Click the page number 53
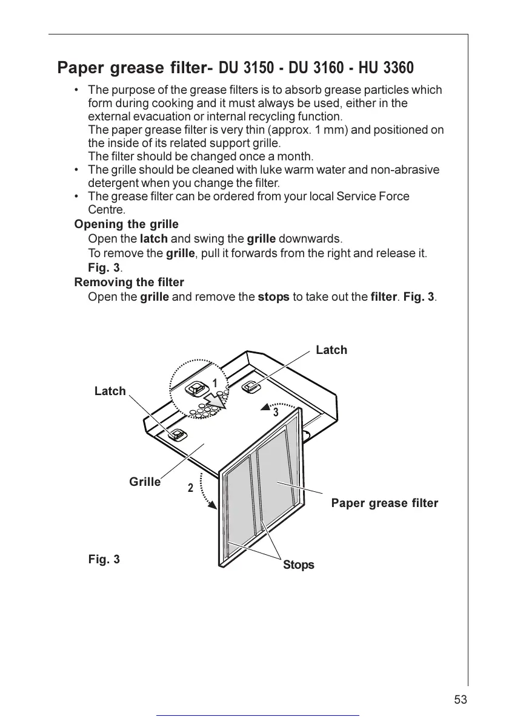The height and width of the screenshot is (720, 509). (461, 699)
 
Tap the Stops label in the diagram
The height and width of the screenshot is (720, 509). (299, 565)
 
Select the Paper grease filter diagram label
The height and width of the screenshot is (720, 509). (384, 503)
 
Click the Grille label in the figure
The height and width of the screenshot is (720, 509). (145, 482)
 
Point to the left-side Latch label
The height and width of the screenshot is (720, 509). (110, 391)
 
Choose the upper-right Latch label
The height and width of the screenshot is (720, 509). (331, 350)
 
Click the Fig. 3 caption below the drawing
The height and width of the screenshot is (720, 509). (104, 559)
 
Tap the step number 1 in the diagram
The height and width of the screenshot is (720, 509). (215, 383)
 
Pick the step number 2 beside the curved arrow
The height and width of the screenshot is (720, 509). (190, 488)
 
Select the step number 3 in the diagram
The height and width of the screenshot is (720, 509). (275, 413)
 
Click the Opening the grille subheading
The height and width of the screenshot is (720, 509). (126, 224)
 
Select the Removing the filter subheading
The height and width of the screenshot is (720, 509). (129, 282)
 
